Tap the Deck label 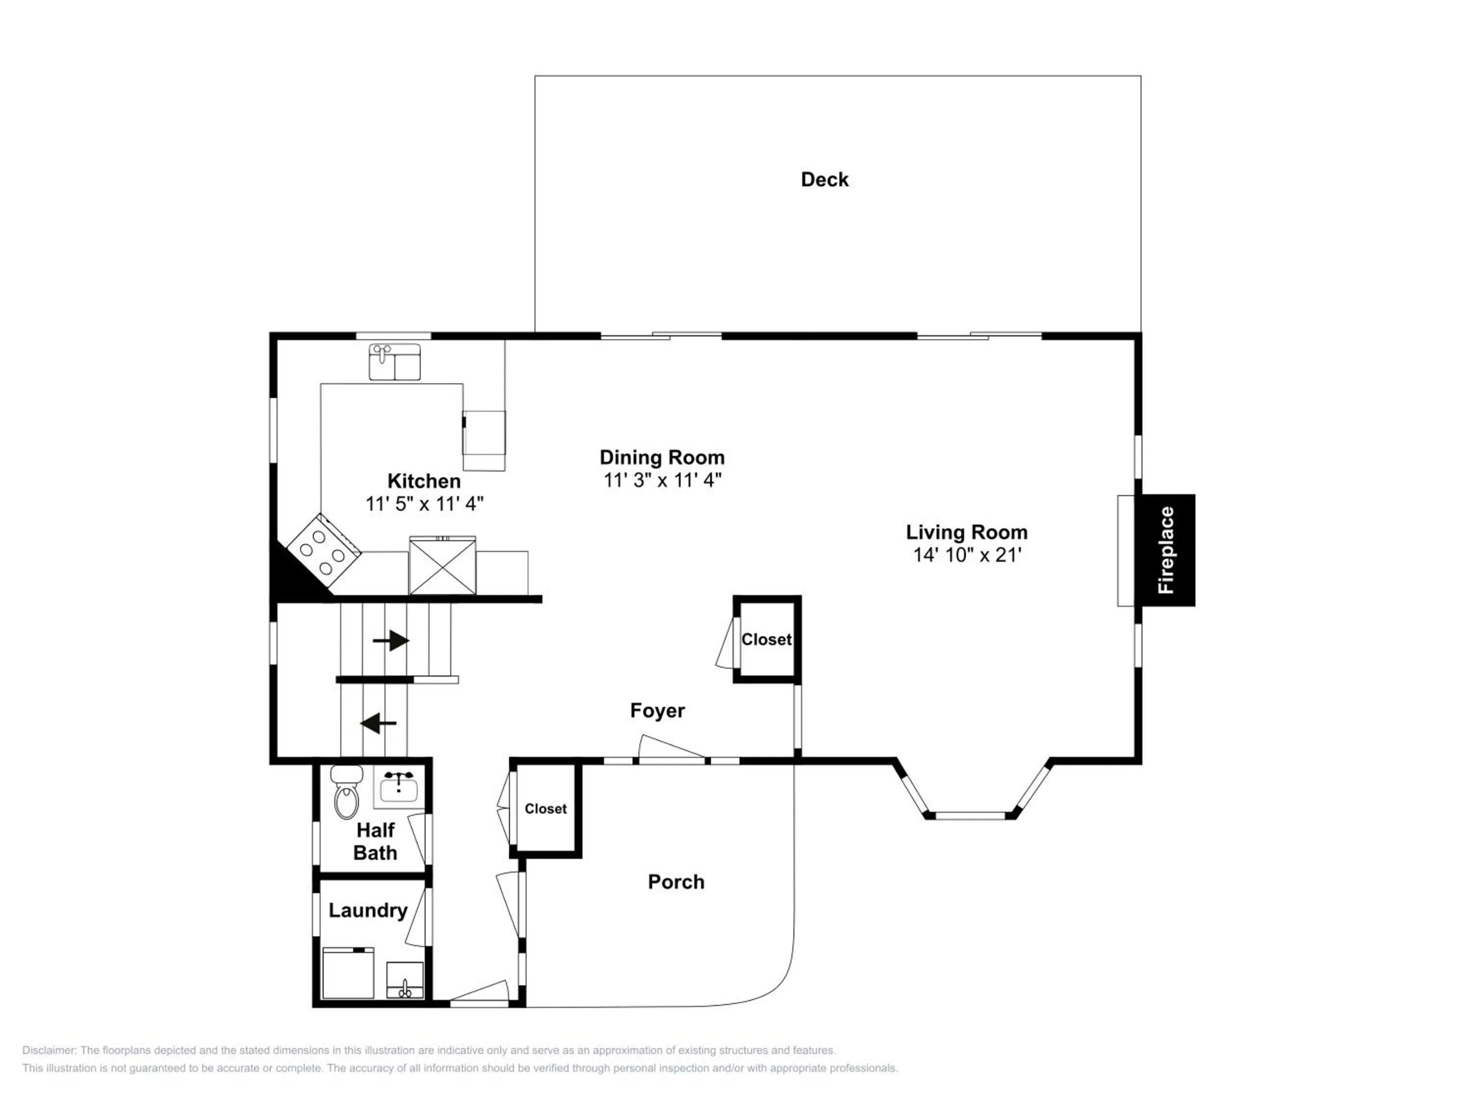[825, 179]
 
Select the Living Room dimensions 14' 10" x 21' [967, 554]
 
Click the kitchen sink [394, 362]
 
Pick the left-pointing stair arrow [379, 723]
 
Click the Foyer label [657, 711]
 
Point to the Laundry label [368, 910]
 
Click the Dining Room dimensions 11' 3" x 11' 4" [662, 479]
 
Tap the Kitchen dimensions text [424, 503]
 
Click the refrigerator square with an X [442, 565]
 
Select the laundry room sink [405, 980]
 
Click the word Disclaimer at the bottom [50, 1051]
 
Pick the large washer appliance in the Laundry [348, 973]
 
